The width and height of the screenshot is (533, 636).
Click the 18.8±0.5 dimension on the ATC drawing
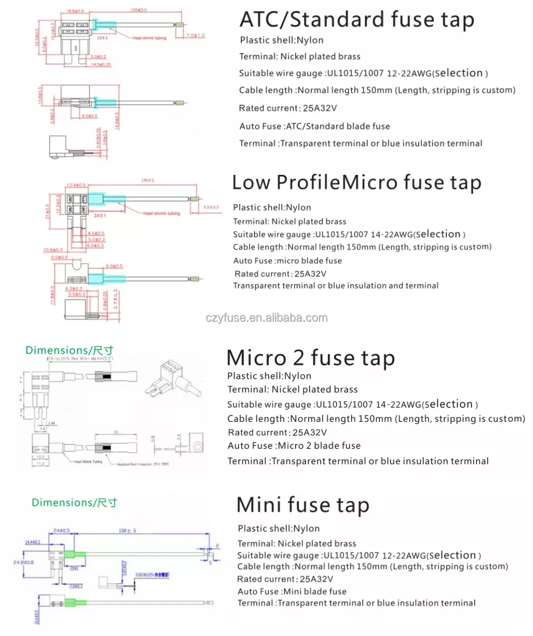click(74, 11)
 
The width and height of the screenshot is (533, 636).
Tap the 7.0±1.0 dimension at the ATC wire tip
click(195, 35)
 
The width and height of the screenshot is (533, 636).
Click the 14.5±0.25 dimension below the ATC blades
click(101, 64)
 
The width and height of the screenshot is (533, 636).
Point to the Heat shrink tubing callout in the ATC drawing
click(149, 38)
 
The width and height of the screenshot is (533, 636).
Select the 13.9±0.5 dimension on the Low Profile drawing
click(76, 185)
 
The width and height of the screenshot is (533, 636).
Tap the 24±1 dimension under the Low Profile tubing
click(100, 216)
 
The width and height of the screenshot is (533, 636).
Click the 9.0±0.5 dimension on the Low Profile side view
click(114, 266)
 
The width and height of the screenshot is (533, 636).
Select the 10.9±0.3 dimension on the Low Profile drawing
click(53, 250)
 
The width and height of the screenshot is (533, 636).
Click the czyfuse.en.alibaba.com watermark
click(266, 318)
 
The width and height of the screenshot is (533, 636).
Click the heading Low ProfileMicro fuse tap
click(356, 182)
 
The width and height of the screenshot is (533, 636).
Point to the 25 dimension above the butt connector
click(116, 432)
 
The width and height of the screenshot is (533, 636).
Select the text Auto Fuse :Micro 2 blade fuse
click(294, 446)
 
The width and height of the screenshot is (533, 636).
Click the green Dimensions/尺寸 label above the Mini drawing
click(74, 502)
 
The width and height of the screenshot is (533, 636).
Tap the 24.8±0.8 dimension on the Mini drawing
click(24, 562)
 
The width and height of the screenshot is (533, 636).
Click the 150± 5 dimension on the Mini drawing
click(127, 531)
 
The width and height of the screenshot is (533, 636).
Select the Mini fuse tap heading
click(303, 505)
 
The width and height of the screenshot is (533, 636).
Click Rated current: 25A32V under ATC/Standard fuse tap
click(287, 108)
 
